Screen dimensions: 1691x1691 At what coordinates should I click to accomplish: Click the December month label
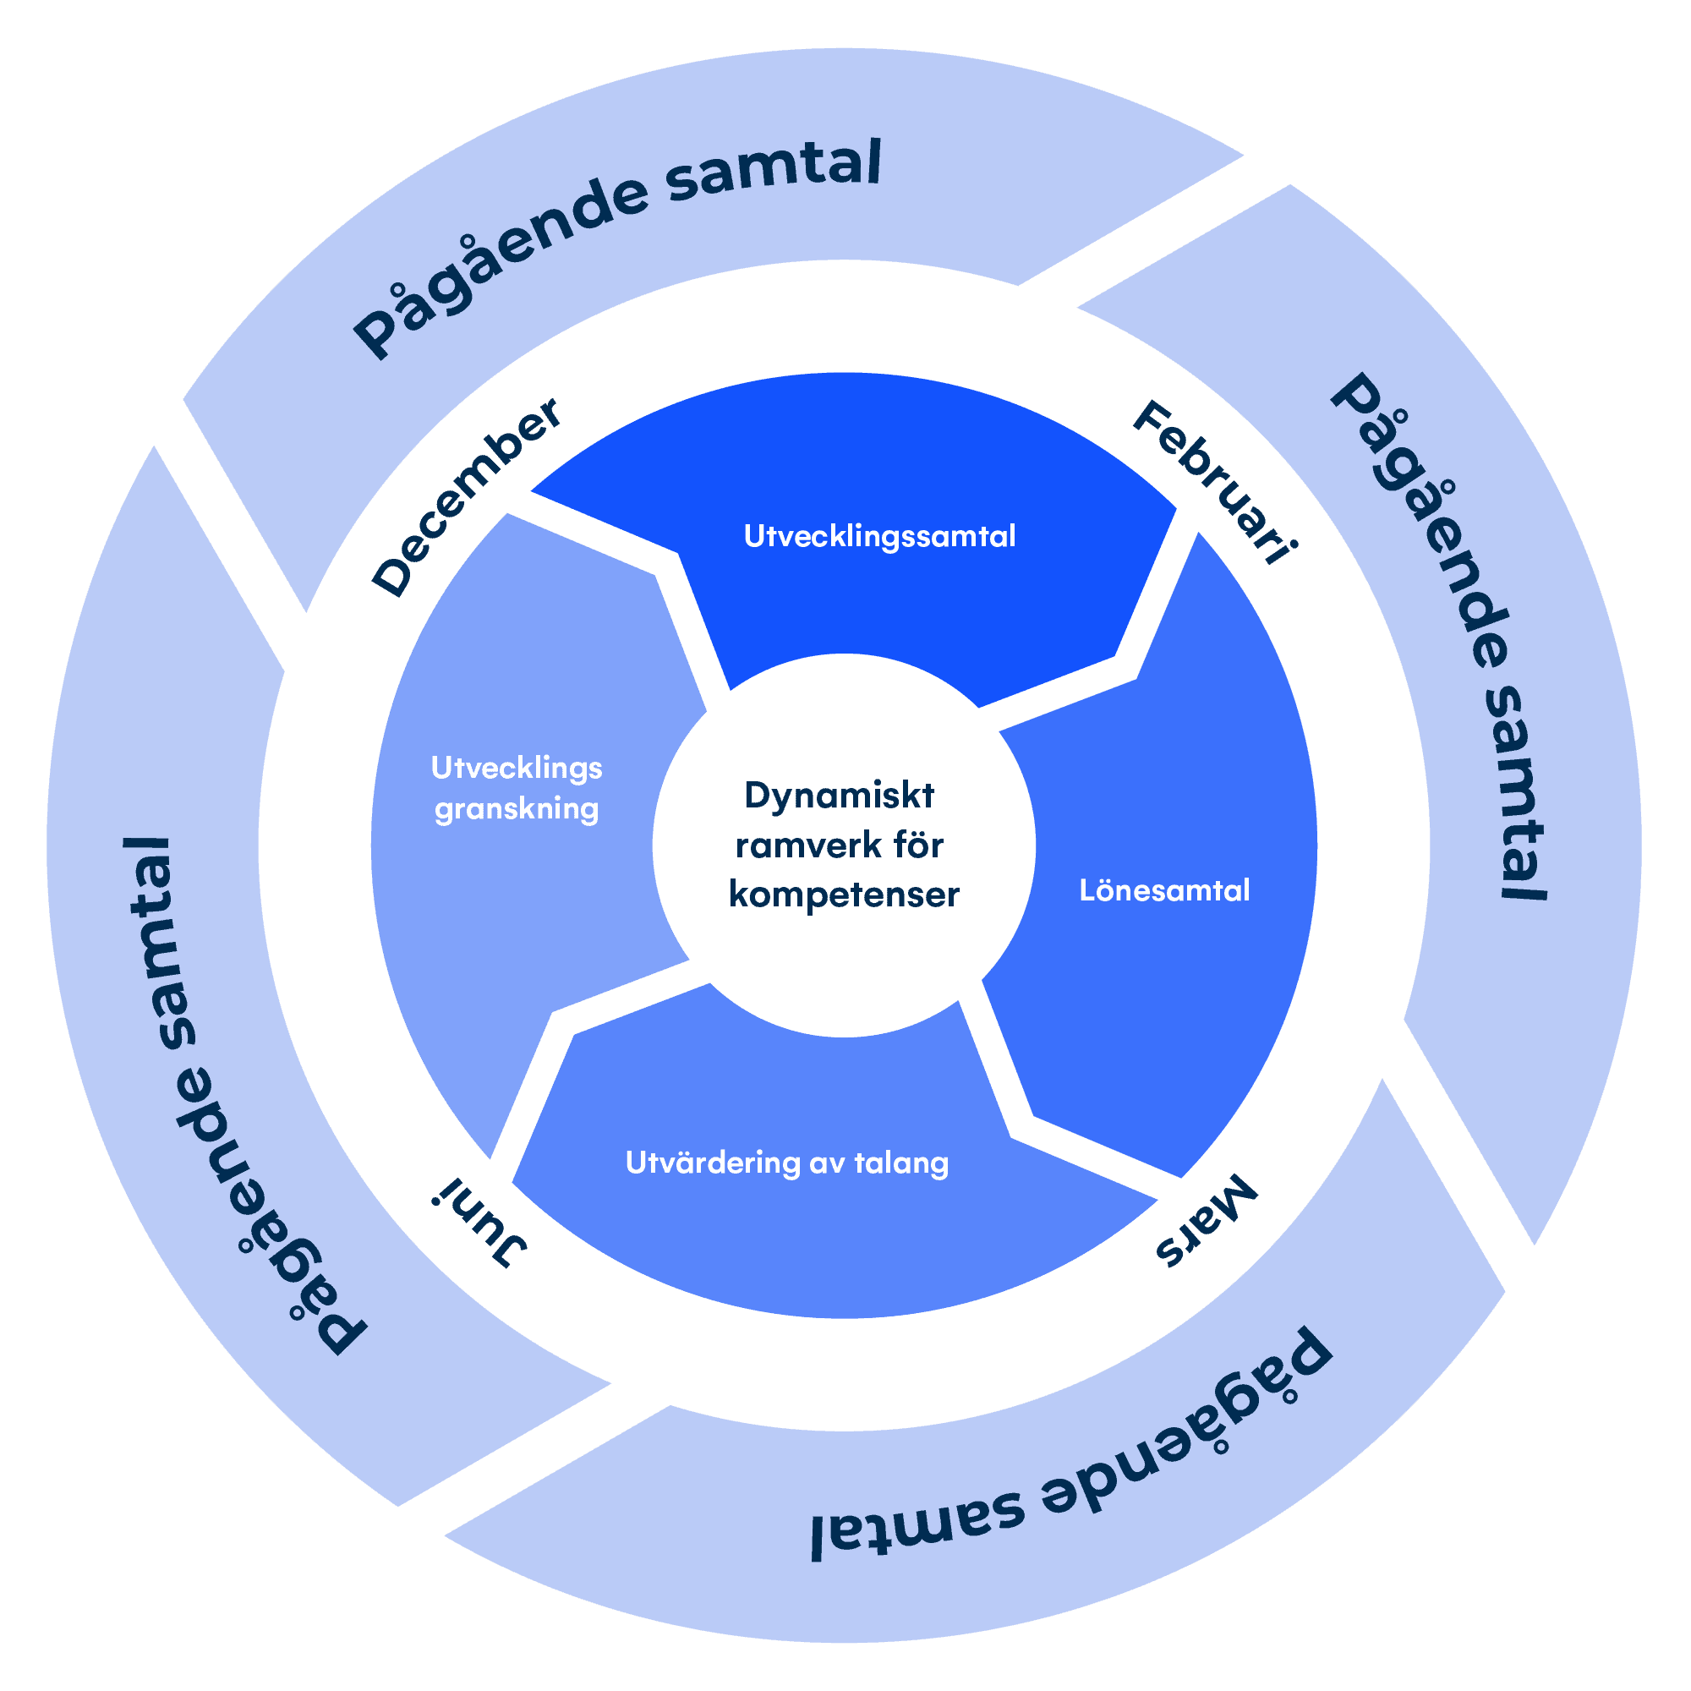click(x=466, y=497)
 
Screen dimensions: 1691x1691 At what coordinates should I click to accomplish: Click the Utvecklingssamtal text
click(x=879, y=536)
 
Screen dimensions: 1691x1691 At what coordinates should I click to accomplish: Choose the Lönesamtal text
click(x=1164, y=891)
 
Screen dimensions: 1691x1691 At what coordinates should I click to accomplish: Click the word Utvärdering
click(x=713, y=1163)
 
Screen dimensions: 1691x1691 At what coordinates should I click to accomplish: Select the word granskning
click(x=517, y=810)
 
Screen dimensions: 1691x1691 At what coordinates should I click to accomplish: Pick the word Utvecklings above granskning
click(x=517, y=769)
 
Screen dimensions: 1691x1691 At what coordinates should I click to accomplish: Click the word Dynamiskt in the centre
click(x=839, y=796)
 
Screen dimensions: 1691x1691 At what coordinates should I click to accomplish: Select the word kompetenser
click(x=844, y=895)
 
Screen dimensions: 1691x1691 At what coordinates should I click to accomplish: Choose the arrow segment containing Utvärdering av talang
click(x=831, y=1243)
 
